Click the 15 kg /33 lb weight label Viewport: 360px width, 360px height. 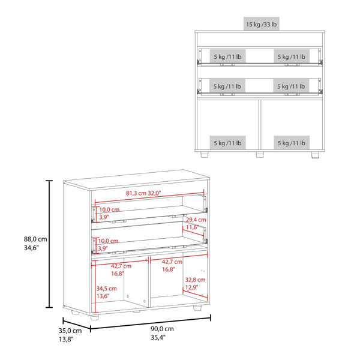tap(261, 24)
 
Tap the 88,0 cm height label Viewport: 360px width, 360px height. tap(35, 239)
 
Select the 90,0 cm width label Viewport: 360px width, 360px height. tap(162, 329)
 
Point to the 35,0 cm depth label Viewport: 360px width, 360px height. tap(70, 331)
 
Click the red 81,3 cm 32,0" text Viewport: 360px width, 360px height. tap(143, 193)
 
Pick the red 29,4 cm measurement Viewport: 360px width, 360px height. tap(196, 220)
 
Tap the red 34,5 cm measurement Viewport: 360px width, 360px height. tap(107, 289)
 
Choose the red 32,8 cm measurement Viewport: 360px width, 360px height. tap(195, 280)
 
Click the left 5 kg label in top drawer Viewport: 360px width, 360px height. tap(228, 56)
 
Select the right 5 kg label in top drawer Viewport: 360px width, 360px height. tap(292, 56)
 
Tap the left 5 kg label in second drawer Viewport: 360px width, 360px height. tap(227, 86)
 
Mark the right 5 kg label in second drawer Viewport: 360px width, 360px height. tap(291, 86)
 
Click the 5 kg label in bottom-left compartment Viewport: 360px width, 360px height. tap(228, 143)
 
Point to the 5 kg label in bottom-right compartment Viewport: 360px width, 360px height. tap(292, 143)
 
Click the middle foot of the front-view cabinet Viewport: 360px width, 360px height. tap(260, 155)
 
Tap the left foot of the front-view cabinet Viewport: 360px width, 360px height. tap(205, 155)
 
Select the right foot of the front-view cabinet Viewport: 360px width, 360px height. tap(316, 155)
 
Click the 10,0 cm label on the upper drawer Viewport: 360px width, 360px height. tap(109, 209)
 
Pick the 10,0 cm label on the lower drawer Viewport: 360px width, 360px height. tap(108, 241)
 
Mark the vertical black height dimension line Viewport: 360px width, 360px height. tap(49, 244)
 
